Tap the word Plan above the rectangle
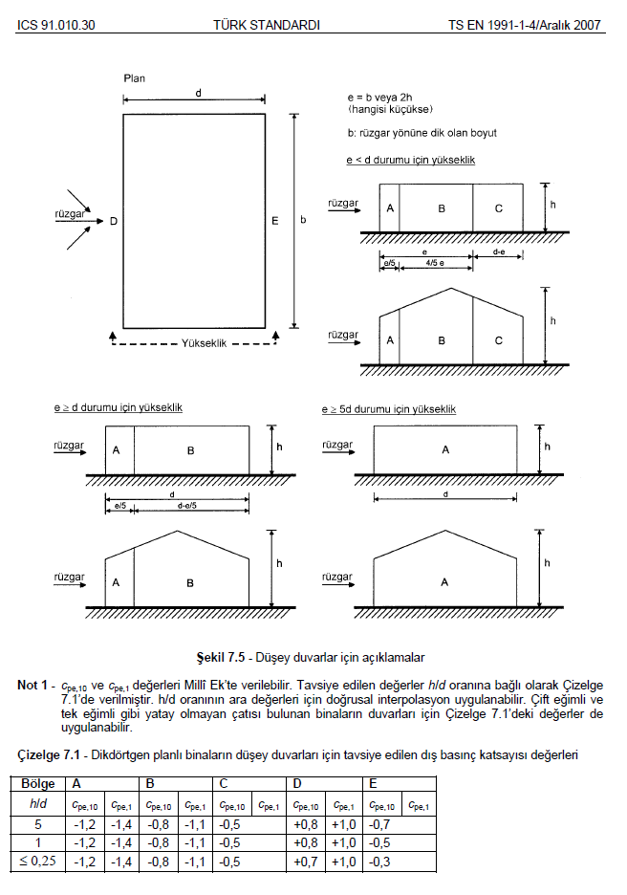135,76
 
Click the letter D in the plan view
113,222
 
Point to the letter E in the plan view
275,222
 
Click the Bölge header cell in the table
37,784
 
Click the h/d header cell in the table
37,804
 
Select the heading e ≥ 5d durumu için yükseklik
389,409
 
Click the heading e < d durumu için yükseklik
410,160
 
